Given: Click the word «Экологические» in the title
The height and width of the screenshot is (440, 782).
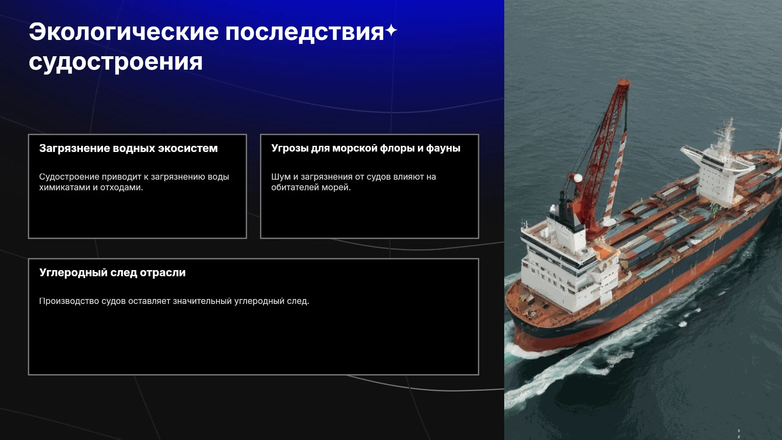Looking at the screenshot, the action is tap(124, 32).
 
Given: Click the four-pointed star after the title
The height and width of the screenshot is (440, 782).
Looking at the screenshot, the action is tap(391, 31).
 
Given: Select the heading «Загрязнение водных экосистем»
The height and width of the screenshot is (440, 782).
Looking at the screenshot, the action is tap(128, 148).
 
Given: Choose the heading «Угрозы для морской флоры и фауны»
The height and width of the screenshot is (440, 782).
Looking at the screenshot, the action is tap(366, 148).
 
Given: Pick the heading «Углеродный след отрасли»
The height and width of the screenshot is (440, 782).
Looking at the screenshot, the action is tap(112, 273).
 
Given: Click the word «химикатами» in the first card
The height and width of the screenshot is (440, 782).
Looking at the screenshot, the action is tap(64, 187).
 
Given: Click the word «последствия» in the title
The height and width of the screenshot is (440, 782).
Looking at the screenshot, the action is tap(305, 32).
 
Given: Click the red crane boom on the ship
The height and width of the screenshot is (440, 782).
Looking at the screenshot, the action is tap(602, 155).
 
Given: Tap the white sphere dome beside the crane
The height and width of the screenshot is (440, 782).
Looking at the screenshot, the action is tap(578, 178).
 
